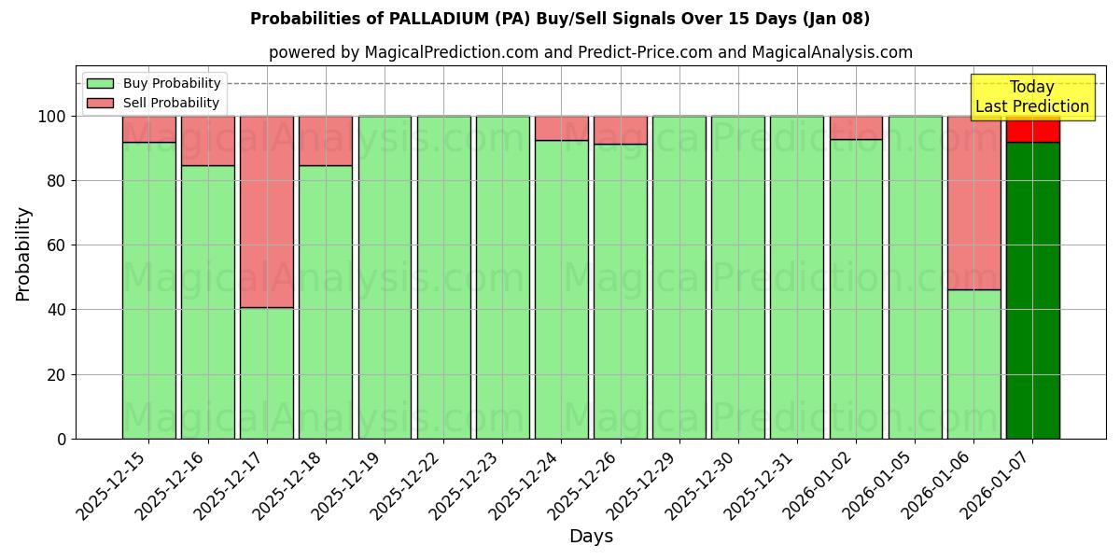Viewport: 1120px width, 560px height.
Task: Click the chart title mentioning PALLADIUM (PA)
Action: point(560,19)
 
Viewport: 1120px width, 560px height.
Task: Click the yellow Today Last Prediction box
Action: point(1032,97)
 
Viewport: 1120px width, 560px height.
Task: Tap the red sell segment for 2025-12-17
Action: point(267,212)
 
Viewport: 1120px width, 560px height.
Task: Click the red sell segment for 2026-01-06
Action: point(973,203)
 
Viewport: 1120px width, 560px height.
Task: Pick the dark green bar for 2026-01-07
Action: point(1032,289)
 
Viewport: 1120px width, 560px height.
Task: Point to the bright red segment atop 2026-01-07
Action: point(1032,130)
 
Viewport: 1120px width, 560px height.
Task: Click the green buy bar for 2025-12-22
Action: point(443,277)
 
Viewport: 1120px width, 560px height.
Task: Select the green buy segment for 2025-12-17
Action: point(267,373)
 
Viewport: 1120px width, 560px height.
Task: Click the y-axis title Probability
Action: point(23,254)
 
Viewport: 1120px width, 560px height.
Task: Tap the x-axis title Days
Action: point(591,537)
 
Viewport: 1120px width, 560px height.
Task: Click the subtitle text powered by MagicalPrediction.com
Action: point(591,52)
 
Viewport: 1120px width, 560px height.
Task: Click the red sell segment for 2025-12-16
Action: point(208,140)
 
